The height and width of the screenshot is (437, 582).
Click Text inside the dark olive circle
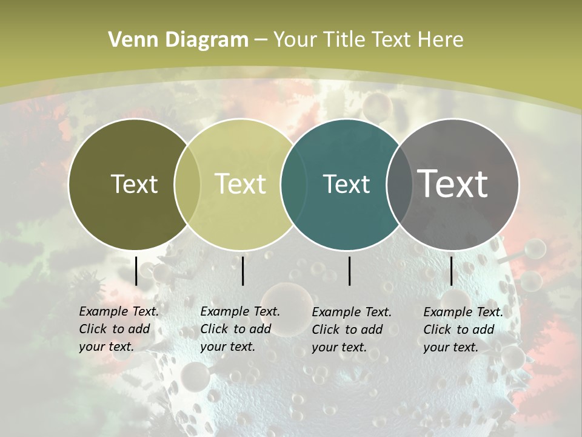coord(134,184)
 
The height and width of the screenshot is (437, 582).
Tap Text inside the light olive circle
coord(241,184)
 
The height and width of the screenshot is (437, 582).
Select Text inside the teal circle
coord(347,184)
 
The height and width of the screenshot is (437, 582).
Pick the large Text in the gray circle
coord(453,184)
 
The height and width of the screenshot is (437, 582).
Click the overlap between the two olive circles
coord(187,185)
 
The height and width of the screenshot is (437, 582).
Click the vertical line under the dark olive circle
coord(136,271)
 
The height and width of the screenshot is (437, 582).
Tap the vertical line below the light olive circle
coord(242,271)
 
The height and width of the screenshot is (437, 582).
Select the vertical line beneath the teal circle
coord(349,271)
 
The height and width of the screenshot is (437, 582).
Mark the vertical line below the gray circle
coord(451,271)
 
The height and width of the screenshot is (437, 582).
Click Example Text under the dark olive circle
coord(119,311)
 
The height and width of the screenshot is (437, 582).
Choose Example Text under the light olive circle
coord(240,311)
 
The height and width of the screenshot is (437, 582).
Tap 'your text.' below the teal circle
coord(339,347)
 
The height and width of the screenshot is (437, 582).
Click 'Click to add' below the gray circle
coord(459,330)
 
